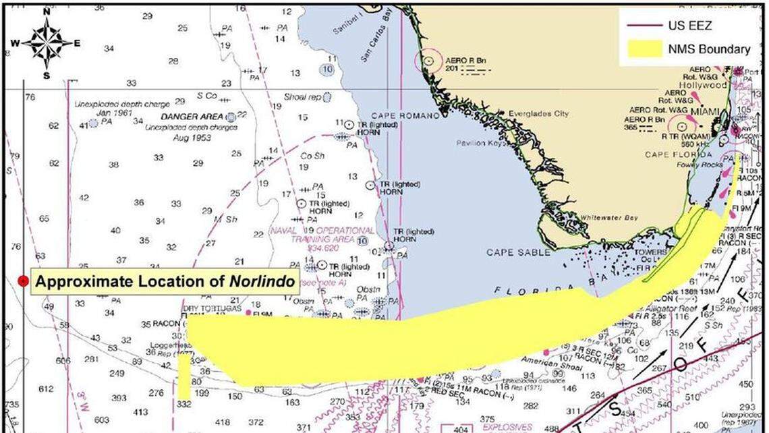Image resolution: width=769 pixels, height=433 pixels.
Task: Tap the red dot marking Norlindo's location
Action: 24,281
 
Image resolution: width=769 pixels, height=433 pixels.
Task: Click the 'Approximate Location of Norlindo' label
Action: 165,281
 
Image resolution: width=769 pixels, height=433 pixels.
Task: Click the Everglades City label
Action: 538,114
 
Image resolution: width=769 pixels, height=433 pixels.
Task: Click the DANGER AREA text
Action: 188,117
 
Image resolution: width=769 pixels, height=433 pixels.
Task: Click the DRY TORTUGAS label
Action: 206,309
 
